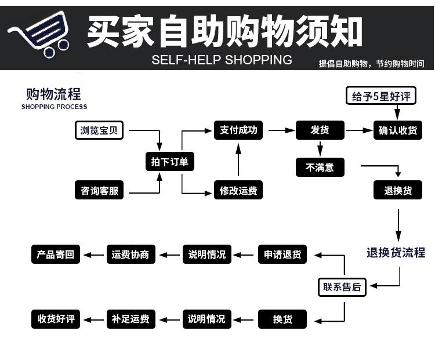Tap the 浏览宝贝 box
(x=99, y=130)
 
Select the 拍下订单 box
(x=170, y=161)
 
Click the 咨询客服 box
(x=99, y=190)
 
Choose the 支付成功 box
(x=238, y=130)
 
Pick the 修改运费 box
(x=238, y=190)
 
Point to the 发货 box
(x=320, y=130)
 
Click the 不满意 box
(x=320, y=167)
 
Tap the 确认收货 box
(x=398, y=130)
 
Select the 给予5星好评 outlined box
(x=381, y=96)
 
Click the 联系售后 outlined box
(x=342, y=287)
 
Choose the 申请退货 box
(x=282, y=254)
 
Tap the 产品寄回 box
(x=56, y=254)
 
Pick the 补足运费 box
(x=131, y=319)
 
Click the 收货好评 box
(x=56, y=319)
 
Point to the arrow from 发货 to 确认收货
(x=359, y=130)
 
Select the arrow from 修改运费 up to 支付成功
(x=238, y=159)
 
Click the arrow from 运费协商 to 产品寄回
(x=93, y=255)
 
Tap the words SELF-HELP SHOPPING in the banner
(x=222, y=60)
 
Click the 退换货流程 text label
(x=396, y=253)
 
